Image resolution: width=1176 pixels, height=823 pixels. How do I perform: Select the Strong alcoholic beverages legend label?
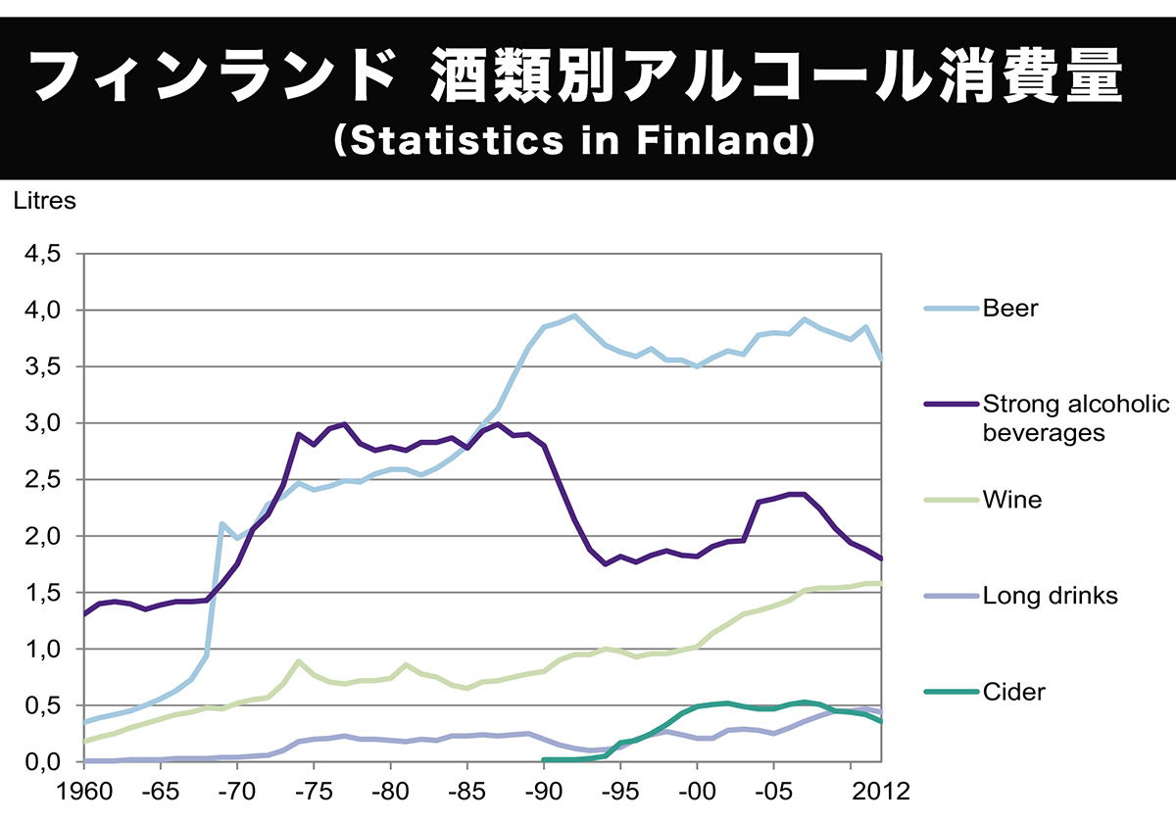1075,417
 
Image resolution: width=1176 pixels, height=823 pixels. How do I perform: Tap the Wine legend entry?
1012,501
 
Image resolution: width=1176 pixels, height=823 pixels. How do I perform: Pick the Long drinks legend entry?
1050,596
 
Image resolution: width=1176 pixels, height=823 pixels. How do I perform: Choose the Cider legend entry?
1013,692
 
